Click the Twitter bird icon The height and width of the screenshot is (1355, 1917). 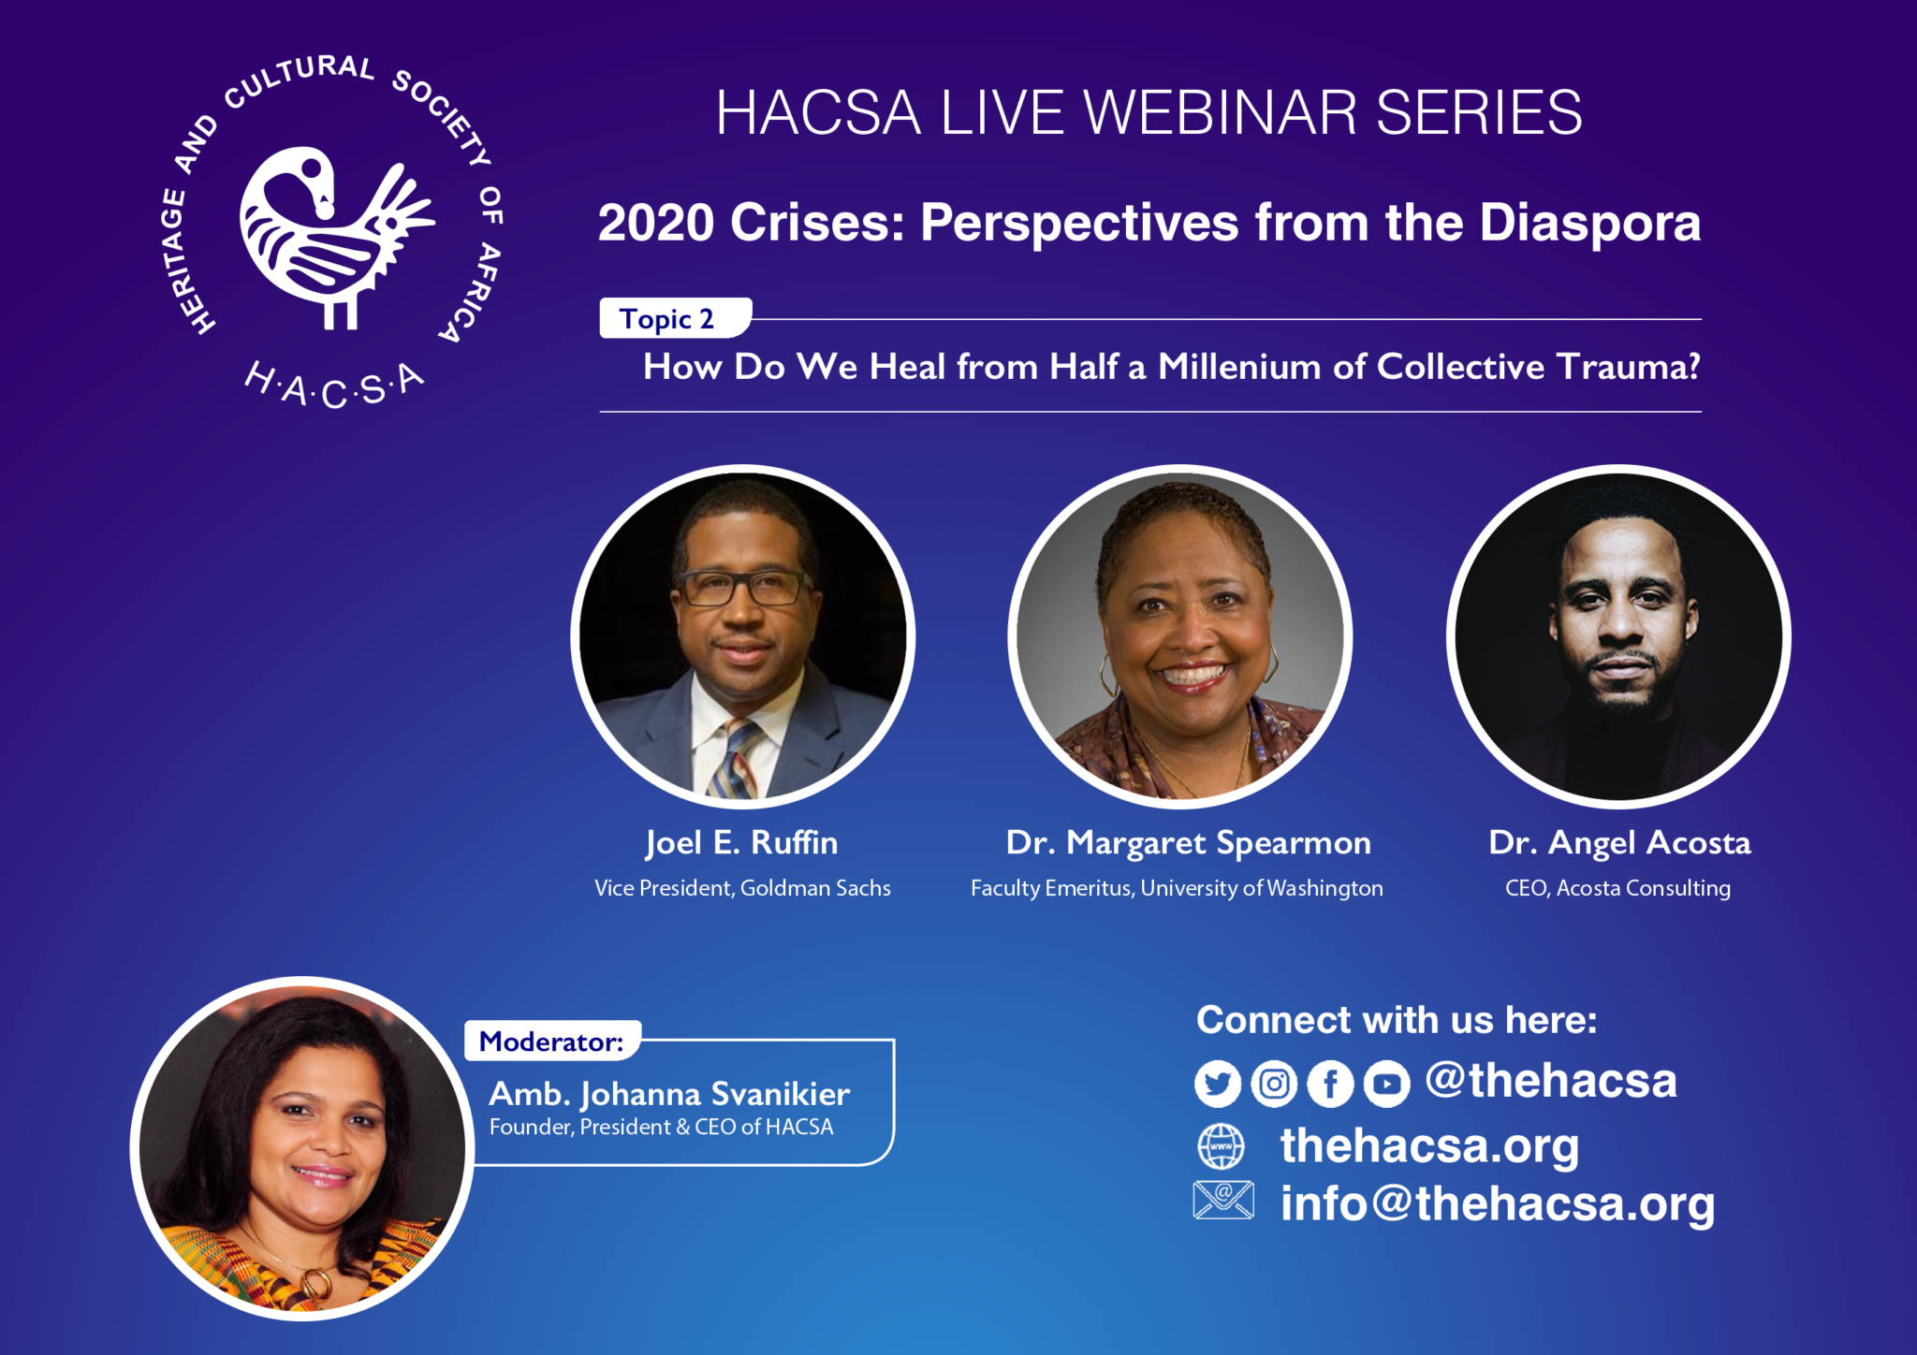[1218, 1084]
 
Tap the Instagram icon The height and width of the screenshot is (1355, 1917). [1274, 1084]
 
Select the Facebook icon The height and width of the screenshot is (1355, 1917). [1330, 1084]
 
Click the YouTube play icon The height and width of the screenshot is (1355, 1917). [1386, 1084]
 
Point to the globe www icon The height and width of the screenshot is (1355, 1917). [1222, 1146]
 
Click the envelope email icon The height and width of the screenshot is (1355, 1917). [1223, 1200]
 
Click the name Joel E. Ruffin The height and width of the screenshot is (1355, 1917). [741, 843]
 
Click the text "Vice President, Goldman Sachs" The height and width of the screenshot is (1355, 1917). [742, 888]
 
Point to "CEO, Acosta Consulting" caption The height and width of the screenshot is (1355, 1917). [1617, 888]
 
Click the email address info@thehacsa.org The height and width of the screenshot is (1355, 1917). [1498, 1204]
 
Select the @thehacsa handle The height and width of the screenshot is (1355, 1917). [1551, 1081]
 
